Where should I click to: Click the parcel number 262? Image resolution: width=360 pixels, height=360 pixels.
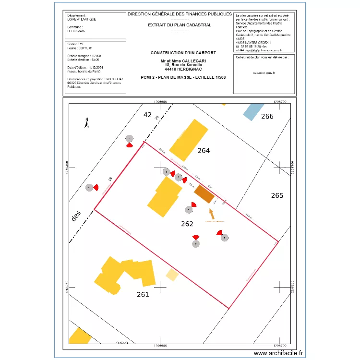click(x=187, y=224)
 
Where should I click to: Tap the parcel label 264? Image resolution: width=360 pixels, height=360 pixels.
click(x=204, y=150)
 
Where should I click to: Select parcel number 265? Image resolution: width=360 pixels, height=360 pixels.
click(x=277, y=195)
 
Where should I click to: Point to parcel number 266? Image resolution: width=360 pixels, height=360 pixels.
click(x=267, y=116)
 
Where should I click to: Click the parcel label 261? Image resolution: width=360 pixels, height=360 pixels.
click(x=143, y=294)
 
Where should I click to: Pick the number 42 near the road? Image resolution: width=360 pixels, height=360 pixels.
click(x=147, y=115)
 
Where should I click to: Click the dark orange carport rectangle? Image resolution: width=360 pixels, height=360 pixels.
click(x=204, y=193)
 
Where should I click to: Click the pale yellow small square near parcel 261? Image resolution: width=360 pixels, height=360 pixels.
click(x=172, y=275)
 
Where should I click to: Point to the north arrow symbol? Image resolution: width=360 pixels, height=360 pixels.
click(x=86, y=123)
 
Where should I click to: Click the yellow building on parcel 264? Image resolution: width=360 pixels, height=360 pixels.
click(x=189, y=140)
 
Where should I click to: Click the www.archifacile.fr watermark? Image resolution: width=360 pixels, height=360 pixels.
click(x=279, y=353)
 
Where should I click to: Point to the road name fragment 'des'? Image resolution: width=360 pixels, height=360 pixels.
click(x=76, y=216)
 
